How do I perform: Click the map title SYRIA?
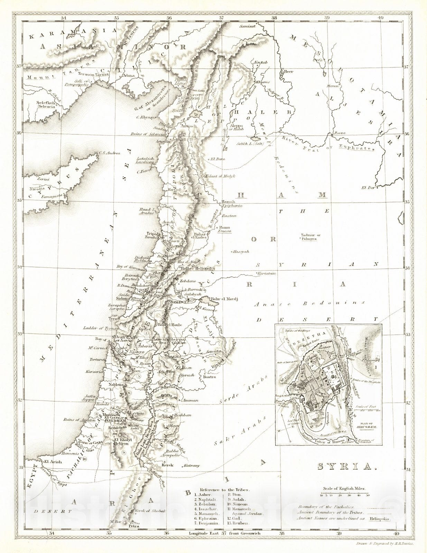click(347, 467)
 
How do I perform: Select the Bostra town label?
click(210, 377)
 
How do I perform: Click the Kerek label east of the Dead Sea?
click(167, 465)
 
